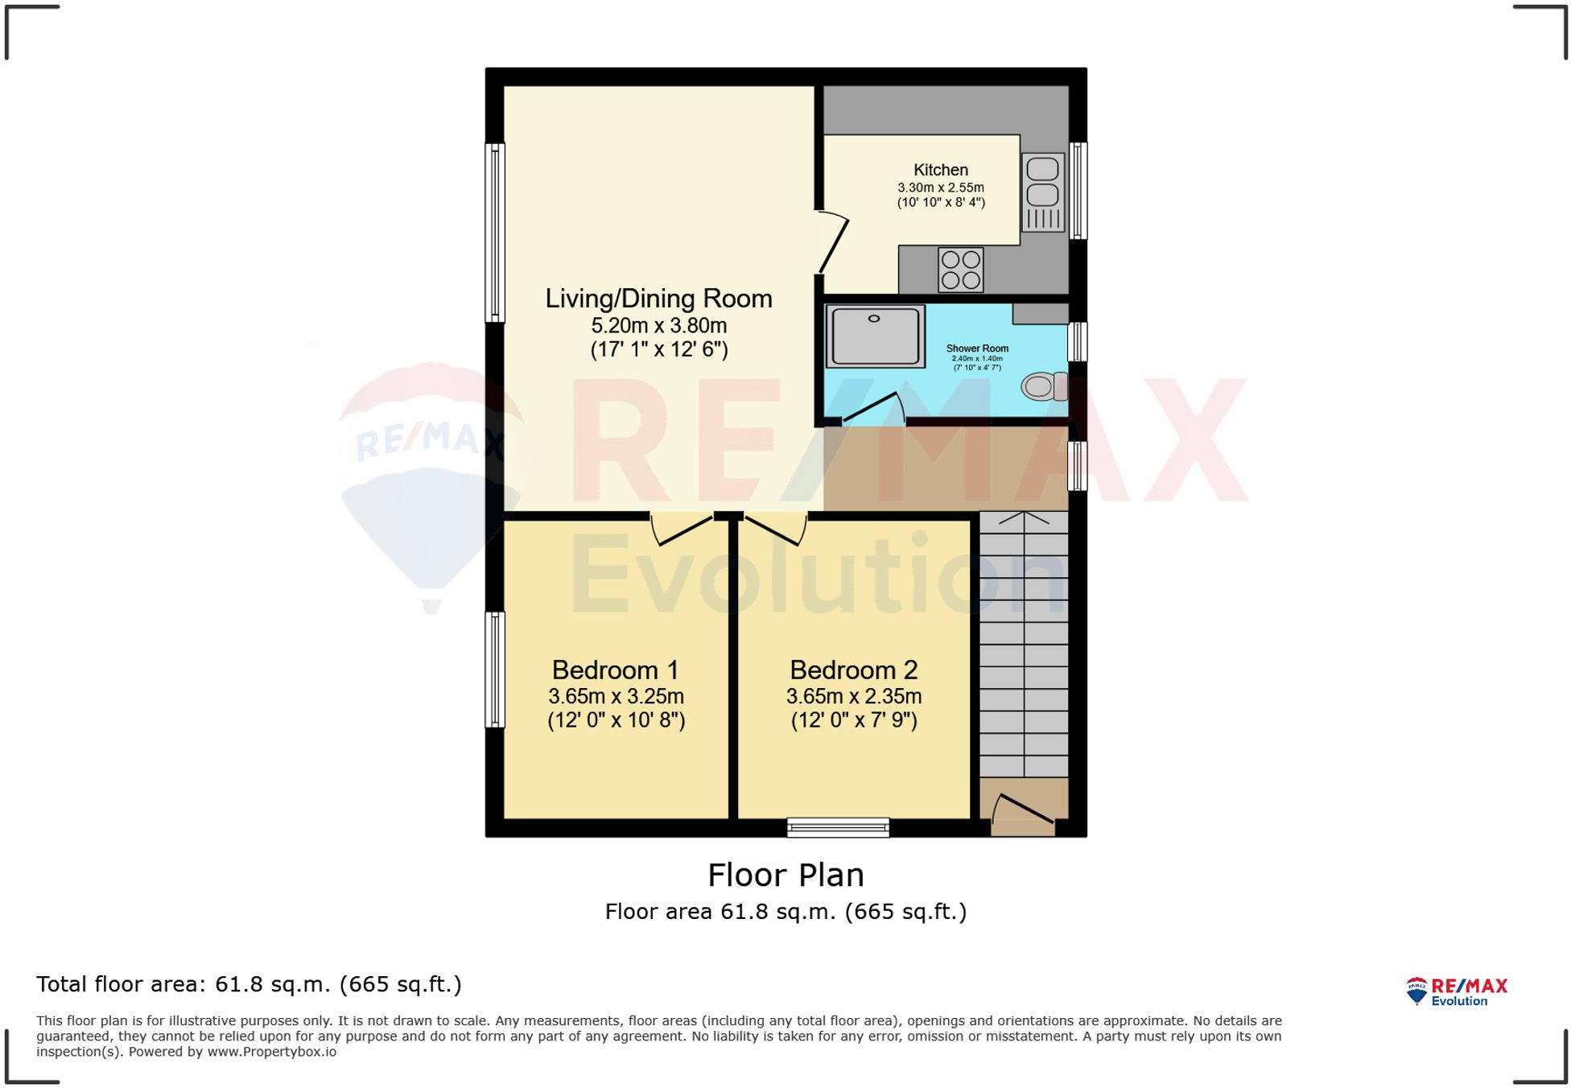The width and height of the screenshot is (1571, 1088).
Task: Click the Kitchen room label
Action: click(x=940, y=170)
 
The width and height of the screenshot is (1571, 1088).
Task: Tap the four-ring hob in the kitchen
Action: click(x=960, y=270)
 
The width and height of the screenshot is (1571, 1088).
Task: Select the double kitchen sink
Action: click(x=1042, y=193)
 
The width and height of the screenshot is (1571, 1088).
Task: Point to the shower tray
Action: click(x=875, y=336)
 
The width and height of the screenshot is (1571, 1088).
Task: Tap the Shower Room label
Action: click(x=977, y=348)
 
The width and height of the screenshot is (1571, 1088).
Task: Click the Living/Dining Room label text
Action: click(x=658, y=299)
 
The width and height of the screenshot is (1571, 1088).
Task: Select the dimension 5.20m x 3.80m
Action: click(x=658, y=326)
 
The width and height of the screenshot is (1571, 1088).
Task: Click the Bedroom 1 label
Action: click(x=616, y=670)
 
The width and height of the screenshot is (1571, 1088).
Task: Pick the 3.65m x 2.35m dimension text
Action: click(x=854, y=696)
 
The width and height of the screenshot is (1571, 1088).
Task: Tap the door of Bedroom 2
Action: click(x=773, y=530)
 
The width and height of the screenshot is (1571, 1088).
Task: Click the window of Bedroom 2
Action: click(x=838, y=827)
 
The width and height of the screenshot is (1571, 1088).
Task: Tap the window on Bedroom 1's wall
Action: click(x=495, y=670)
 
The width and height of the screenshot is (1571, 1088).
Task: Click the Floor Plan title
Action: click(x=785, y=875)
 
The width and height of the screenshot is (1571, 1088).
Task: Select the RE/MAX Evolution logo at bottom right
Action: click(x=1457, y=991)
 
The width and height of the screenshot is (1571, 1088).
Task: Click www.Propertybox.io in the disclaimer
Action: click(x=271, y=1052)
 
